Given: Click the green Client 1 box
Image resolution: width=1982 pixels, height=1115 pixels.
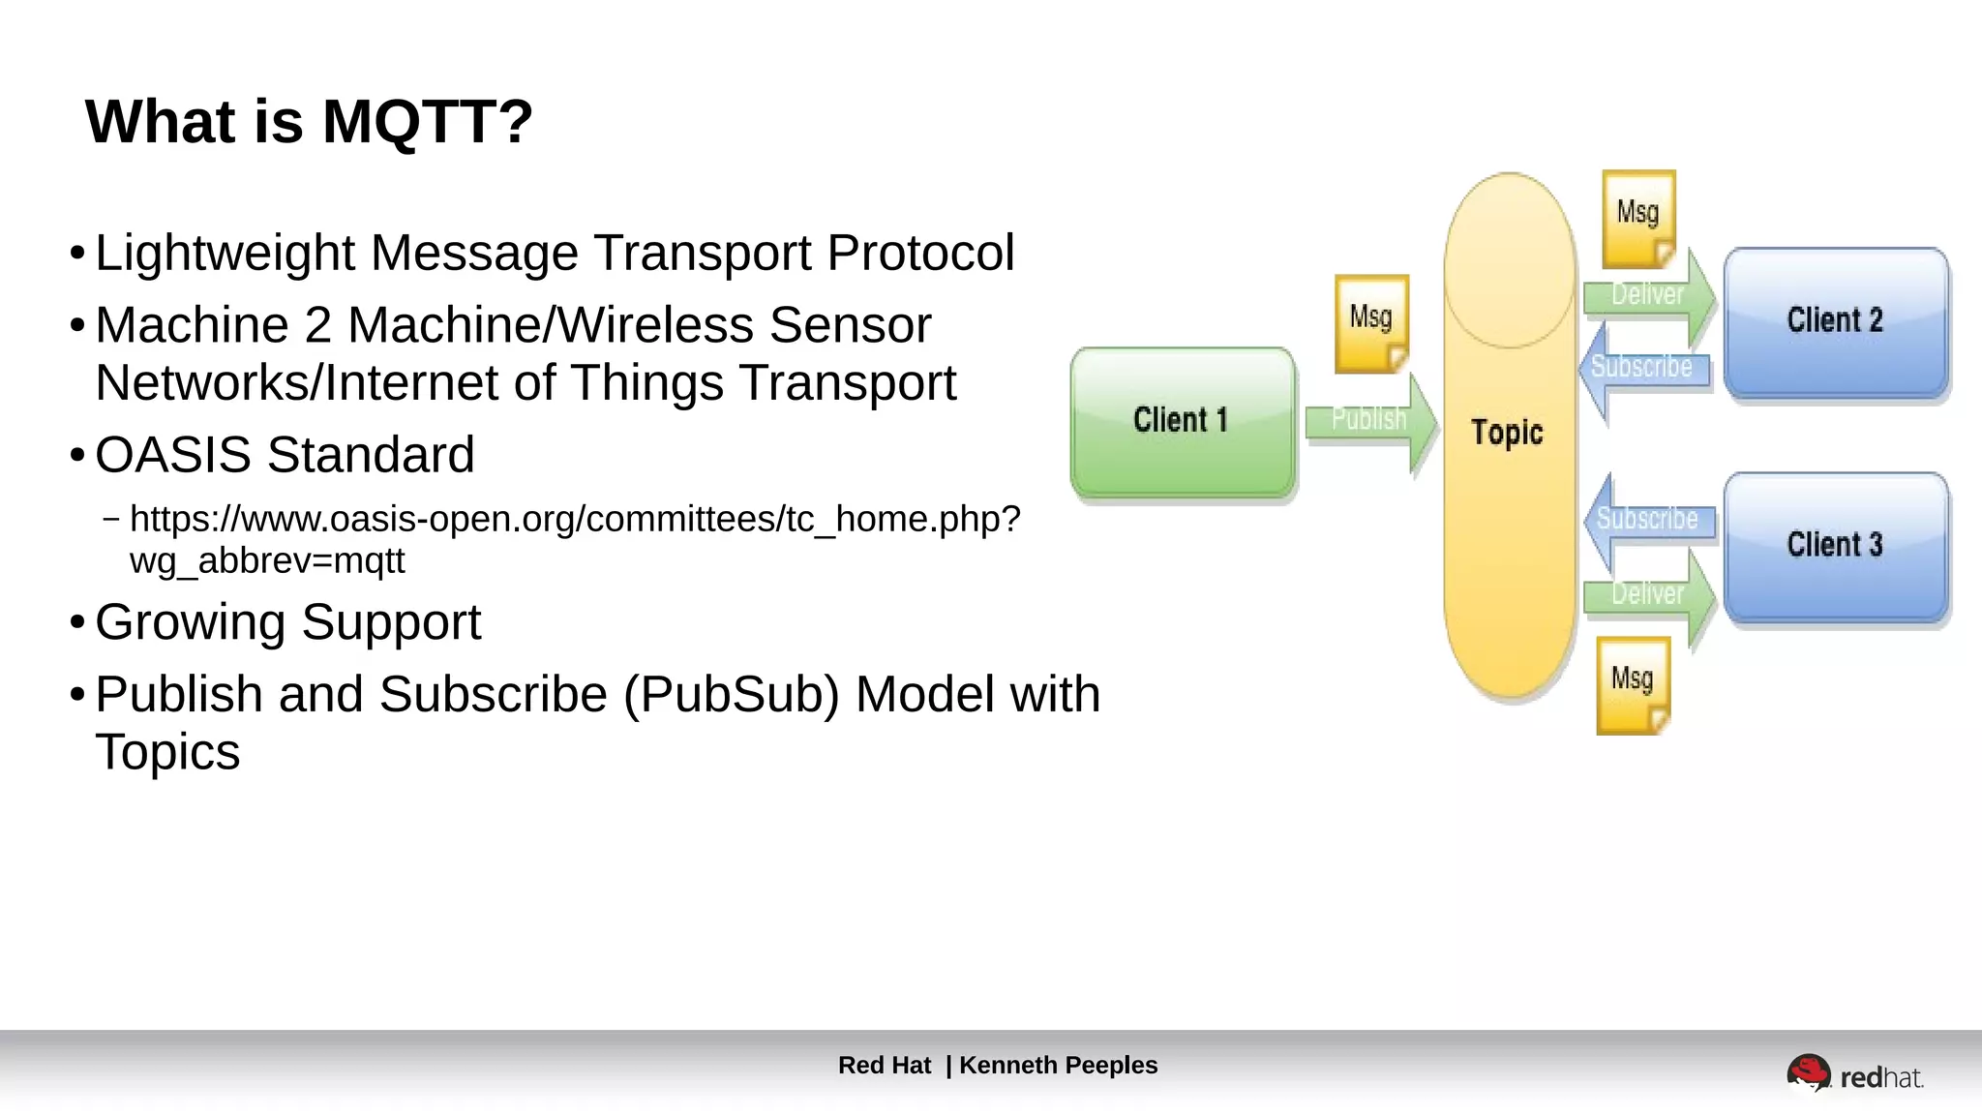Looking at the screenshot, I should coord(1182,422).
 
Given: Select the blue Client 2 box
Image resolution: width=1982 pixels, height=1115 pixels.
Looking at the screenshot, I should coord(1835,321).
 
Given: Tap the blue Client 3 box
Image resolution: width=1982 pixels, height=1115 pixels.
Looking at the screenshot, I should coord(1835,545).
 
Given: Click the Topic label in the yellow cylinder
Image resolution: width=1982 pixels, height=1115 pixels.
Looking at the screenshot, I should coord(1507,432).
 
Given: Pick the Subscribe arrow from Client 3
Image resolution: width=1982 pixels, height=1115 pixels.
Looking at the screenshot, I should coord(1647,520).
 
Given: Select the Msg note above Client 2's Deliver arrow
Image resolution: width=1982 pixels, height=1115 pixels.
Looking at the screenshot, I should coord(1638,219).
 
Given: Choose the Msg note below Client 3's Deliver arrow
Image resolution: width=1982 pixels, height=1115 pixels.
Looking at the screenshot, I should coord(1633,684).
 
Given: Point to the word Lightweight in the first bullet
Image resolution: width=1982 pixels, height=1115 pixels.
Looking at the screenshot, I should coord(225,254).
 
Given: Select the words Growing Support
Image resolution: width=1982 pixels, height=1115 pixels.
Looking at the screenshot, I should coord(287,622).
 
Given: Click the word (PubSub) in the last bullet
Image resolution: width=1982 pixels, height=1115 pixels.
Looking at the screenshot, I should coord(731,695).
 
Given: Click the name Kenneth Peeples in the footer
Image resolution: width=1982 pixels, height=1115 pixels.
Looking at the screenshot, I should coord(1058,1066).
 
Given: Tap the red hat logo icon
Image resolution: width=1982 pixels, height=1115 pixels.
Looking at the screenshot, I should coord(1807,1072).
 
